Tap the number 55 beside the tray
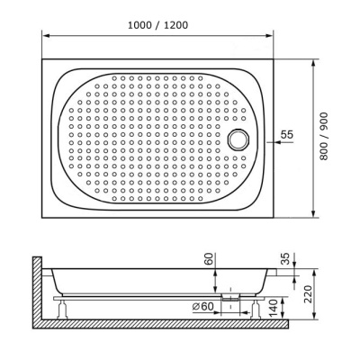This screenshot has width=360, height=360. [286, 134]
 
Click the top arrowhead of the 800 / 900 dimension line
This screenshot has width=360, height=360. [313, 64]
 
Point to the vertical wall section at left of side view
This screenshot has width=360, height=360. [37, 288]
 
